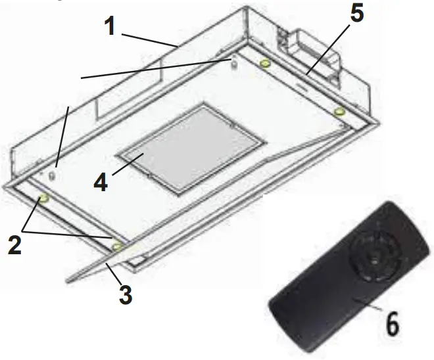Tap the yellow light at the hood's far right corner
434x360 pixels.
[339, 113]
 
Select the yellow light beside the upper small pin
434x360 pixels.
[265, 64]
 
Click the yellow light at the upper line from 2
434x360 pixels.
[44, 199]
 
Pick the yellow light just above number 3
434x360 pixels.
[117, 247]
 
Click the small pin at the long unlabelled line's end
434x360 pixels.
[232, 61]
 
